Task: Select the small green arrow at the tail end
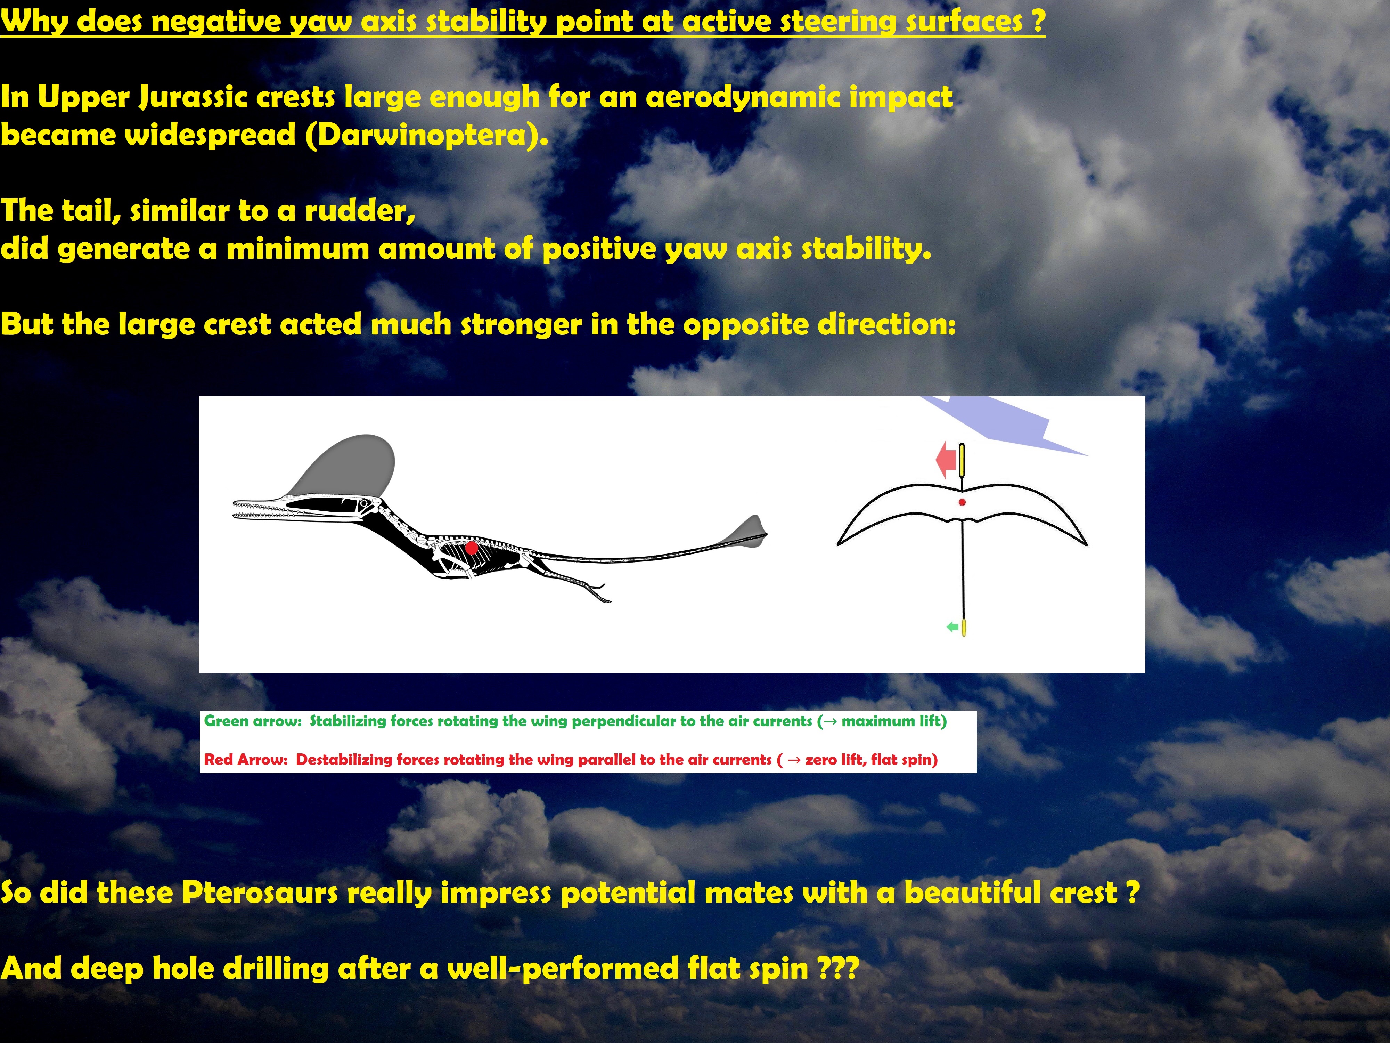click(952, 627)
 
